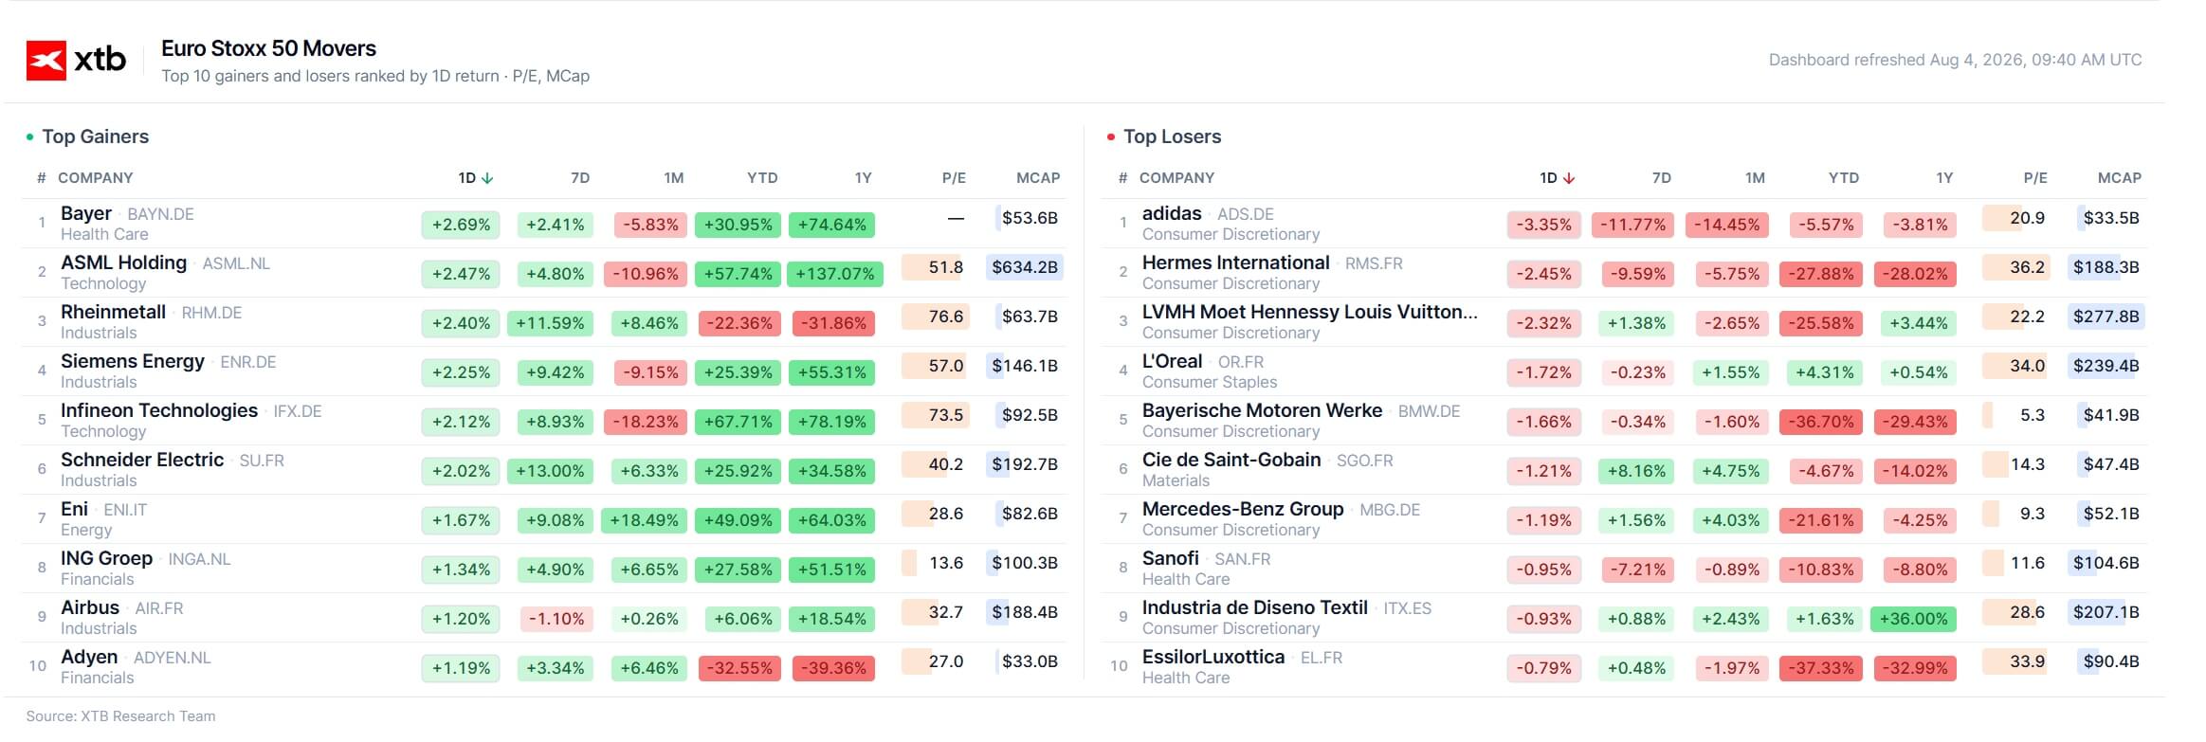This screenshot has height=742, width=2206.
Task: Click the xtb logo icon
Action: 46,60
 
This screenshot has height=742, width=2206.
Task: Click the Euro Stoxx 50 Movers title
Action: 268,48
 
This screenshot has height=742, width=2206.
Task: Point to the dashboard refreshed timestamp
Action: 1955,60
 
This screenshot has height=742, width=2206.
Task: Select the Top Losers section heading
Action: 1172,136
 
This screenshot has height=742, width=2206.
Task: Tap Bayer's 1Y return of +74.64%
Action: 831,225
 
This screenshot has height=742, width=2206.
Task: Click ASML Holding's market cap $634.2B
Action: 1025,267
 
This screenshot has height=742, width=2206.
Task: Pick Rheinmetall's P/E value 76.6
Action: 945,317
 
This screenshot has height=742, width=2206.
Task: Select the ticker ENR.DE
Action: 248,362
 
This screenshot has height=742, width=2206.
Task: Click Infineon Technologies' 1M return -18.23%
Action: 646,422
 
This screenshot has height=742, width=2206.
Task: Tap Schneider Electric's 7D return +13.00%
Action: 550,471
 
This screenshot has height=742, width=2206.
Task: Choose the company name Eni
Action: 74,509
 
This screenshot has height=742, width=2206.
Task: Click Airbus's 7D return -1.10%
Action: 556,619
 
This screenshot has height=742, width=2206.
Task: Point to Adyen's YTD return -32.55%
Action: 739,668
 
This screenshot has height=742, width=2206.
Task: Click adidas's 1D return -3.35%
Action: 1543,225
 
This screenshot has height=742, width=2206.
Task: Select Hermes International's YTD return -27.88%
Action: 1821,274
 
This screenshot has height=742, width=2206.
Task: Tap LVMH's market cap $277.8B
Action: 2106,317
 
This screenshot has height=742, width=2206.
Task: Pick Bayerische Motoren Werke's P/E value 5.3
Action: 2033,415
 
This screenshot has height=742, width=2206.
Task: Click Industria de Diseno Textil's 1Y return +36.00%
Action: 1914,619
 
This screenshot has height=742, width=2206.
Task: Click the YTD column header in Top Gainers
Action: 762,178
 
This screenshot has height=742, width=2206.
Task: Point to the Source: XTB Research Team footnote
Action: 120,716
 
